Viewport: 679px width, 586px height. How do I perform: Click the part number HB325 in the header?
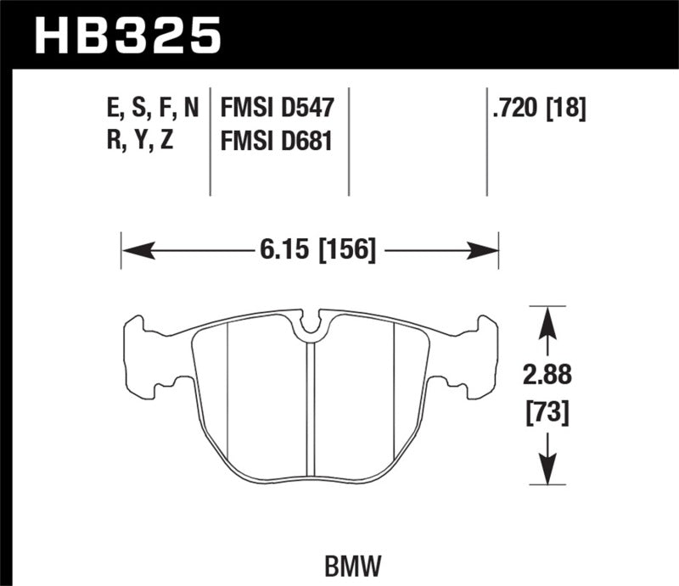tap(126, 36)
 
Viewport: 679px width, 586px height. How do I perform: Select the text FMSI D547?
tap(278, 109)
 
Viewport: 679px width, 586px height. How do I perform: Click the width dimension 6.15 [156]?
tap(314, 250)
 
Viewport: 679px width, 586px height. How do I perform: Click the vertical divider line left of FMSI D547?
tap(210, 140)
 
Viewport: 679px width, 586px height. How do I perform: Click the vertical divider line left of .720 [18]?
tap(487, 140)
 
